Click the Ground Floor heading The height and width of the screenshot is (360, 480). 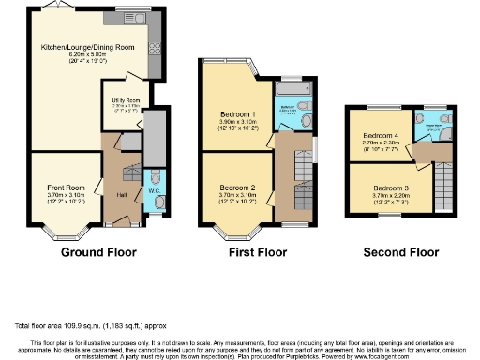[x=98, y=252]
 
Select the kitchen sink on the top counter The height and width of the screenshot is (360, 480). [x=137, y=16]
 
